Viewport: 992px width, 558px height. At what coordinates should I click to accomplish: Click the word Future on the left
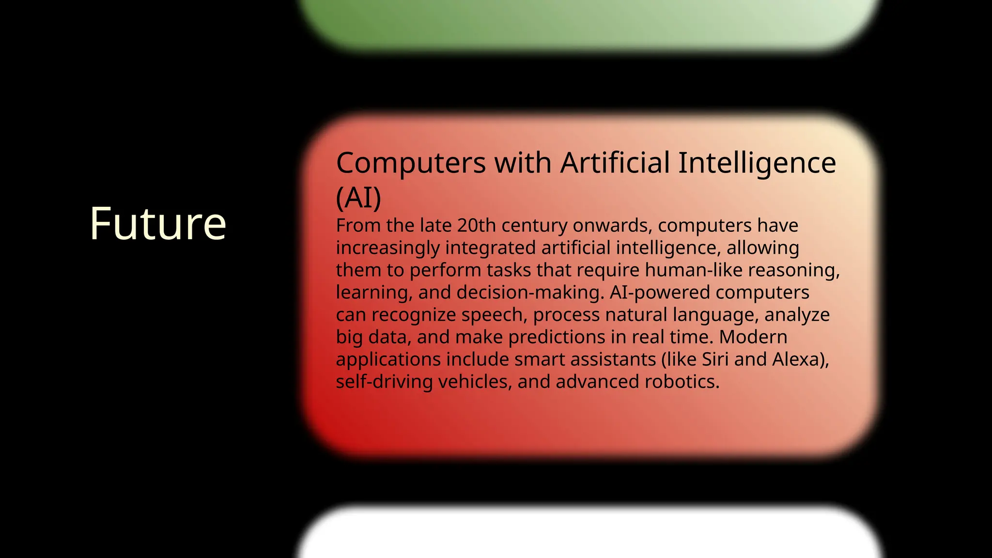(x=158, y=223)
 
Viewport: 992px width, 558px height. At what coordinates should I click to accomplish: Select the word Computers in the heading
(x=410, y=163)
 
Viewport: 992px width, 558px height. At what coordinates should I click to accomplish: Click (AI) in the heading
(x=358, y=198)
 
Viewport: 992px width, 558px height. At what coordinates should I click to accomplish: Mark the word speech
(x=494, y=315)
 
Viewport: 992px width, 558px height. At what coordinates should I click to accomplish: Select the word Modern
(x=753, y=337)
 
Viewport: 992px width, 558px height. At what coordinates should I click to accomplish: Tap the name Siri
(x=715, y=359)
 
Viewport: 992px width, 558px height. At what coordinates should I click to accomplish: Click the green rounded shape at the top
(x=589, y=24)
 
